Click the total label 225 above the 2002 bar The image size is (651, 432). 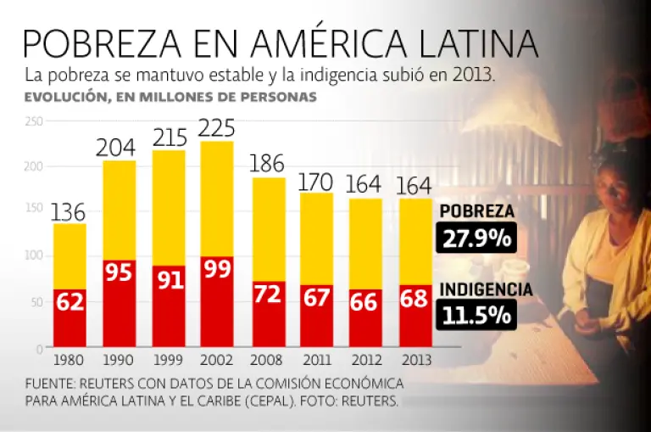[216, 129]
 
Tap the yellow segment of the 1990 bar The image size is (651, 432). [119, 210]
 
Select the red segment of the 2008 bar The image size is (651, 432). [268, 314]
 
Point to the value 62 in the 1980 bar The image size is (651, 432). [70, 302]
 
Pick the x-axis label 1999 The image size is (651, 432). [168, 360]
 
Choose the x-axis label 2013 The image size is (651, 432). [415, 360]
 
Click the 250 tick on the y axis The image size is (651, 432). [33, 121]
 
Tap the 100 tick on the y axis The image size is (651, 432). [33, 255]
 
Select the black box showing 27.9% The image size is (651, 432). [477, 237]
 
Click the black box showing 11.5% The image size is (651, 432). [477, 315]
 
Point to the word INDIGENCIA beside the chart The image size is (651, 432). [486, 289]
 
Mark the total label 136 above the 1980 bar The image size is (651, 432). [70, 212]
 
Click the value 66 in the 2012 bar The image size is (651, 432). [364, 303]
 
